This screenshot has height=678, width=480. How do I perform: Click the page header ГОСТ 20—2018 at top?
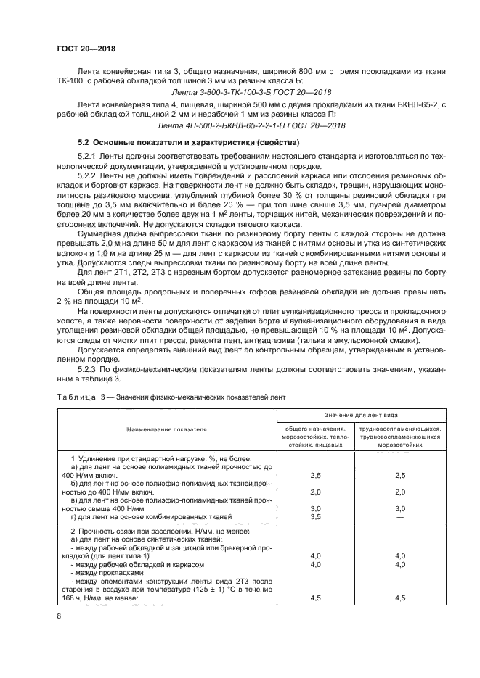coord(86,49)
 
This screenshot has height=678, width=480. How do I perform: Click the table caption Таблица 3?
coord(77,397)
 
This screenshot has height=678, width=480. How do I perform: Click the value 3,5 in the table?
coord(315,517)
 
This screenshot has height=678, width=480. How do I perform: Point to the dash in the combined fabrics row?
coord(399,517)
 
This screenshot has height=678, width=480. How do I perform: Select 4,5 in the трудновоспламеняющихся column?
coord(399,598)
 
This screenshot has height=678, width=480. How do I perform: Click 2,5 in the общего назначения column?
coord(315,476)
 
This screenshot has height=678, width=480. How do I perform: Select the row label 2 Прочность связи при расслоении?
coord(143,532)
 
